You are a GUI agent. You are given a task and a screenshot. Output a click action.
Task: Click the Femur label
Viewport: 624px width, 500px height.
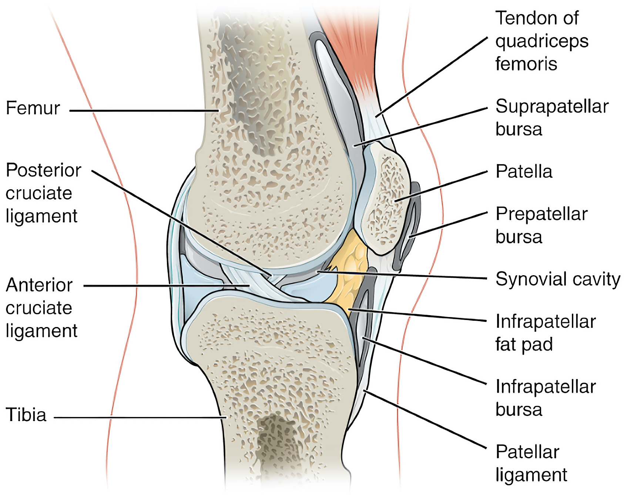(33, 108)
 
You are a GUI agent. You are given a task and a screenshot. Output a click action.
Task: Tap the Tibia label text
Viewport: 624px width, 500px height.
(26, 414)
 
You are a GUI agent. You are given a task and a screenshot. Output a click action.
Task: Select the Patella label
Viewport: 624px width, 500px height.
(524, 171)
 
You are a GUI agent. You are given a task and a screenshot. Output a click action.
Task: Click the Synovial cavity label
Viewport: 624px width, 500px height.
(558, 279)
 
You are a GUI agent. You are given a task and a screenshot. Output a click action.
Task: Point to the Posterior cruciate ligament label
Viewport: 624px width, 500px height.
(43, 193)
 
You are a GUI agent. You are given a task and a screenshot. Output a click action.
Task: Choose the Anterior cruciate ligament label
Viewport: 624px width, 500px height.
(41, 308)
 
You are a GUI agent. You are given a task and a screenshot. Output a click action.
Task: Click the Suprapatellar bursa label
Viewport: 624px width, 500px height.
(552, 118)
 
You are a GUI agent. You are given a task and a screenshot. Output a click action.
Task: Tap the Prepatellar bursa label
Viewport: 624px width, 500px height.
(541, 225)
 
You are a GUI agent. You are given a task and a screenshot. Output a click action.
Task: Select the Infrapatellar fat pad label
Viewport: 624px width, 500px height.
(546, 333)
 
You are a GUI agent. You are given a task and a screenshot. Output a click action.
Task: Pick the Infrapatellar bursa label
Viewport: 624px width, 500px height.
(546, 398)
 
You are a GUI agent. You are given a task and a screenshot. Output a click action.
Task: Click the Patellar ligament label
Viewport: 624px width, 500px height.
(531, 464)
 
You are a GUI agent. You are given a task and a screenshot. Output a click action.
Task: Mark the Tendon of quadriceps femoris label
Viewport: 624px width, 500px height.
(542, 41)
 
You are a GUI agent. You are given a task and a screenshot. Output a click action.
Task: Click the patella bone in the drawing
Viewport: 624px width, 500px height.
(383, 200)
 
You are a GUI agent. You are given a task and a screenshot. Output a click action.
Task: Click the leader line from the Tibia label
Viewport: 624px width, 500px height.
(140, 418)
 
